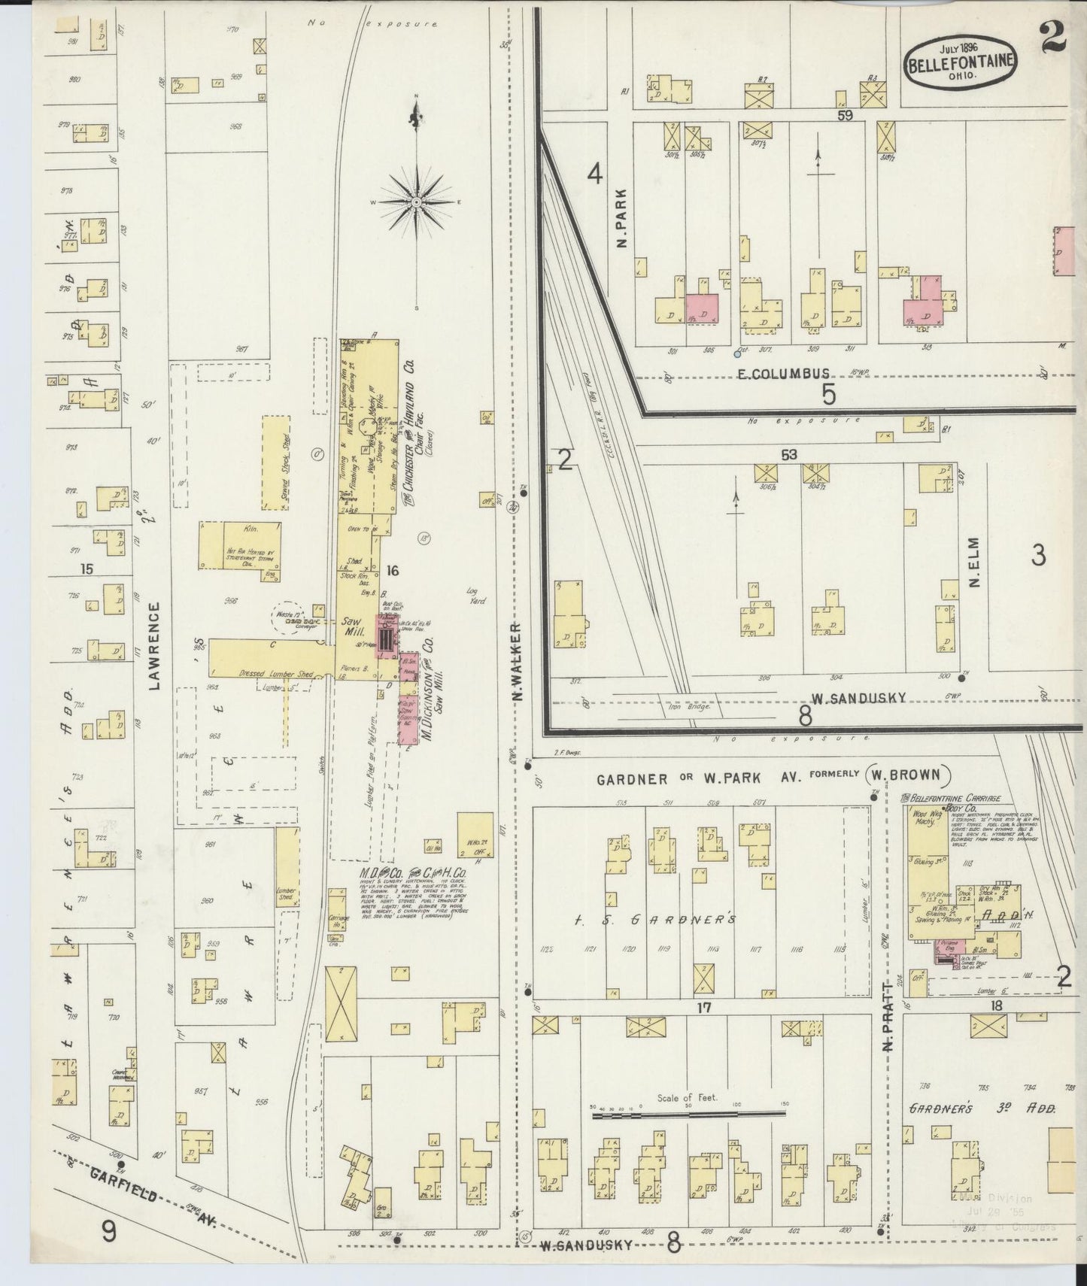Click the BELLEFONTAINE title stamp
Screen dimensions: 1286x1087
point(961,62)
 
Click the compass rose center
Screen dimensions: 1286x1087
point(415,203)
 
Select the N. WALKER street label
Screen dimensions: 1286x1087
point(516,662)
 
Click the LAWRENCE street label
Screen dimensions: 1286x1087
point(155,646)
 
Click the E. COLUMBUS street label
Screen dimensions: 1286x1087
point(783,374)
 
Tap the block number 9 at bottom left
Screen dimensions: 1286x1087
point(110,1231)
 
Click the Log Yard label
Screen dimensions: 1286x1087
point(475,596)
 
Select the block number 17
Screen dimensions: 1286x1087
point(703,1006)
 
